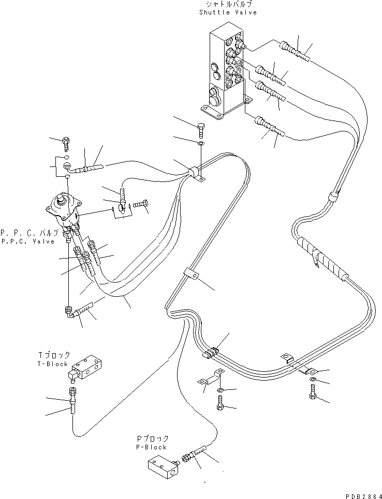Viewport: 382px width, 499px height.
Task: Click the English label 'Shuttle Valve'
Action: (227, 12)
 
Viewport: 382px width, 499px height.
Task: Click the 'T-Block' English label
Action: (53, 364)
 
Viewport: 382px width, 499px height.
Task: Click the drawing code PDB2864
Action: (358, 494)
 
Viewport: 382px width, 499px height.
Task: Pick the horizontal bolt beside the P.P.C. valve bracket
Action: (139, 206)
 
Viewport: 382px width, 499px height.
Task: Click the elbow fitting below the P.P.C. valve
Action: (68, 311)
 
